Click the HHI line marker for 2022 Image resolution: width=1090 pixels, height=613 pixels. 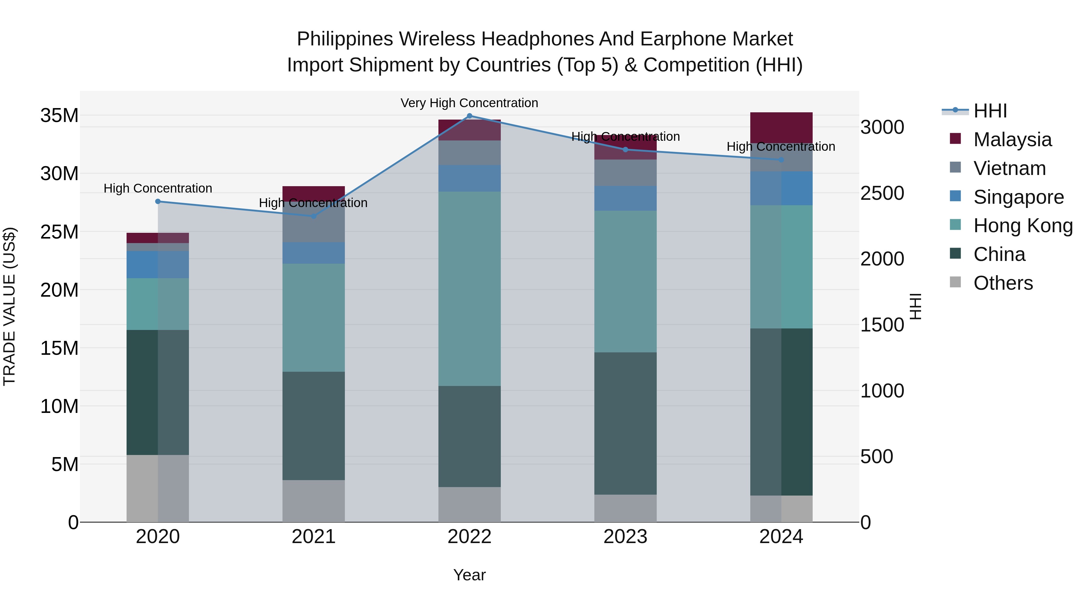point(469,116)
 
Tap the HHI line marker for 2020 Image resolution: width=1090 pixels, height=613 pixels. point(158,201)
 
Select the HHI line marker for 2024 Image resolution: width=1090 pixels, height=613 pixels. point(781,160)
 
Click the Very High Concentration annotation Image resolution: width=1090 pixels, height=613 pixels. point(469,103)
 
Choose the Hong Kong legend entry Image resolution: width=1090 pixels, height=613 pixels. point(1023,226)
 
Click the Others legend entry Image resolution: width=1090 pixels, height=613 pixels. point(1003,283)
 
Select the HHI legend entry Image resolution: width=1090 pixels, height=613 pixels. point(990,111)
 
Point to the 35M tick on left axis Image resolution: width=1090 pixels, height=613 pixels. point(59,116)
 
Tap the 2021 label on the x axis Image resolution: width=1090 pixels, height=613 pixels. point(314,537)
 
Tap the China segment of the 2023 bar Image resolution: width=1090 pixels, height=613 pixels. point(626,423)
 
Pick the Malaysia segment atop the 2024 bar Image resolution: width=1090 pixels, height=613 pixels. point(781,127)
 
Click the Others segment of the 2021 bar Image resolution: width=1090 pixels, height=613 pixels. point(314,501)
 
